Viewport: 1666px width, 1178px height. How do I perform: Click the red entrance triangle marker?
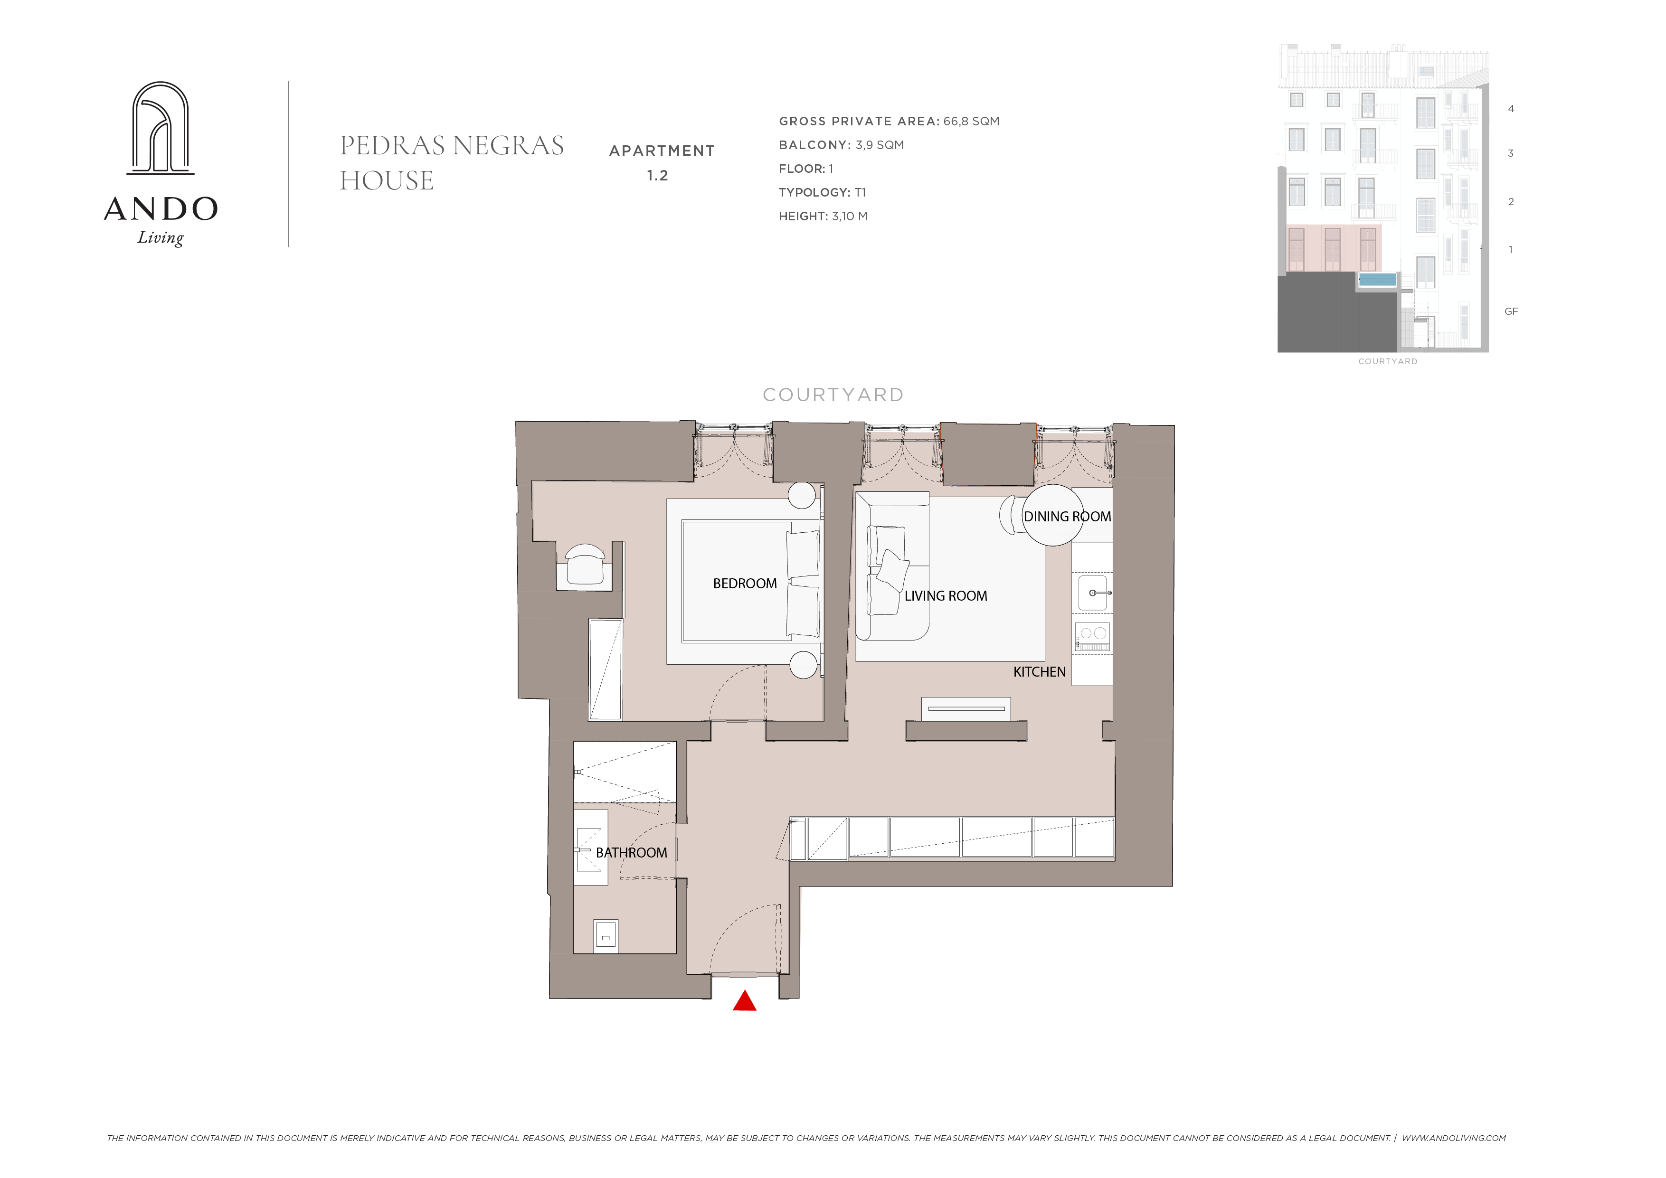point(745,1002)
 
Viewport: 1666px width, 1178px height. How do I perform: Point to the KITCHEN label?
point(1039,672)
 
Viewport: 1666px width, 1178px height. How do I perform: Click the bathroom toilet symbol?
point(606,936)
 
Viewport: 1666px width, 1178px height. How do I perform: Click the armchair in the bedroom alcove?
point(585,565)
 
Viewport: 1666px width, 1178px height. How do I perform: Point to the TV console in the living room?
point(966,709)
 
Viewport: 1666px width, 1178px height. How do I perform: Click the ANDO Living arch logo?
point(161,128)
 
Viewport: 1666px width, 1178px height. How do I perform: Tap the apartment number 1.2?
point(657,176)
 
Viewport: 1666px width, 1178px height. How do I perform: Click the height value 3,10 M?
point(849,216)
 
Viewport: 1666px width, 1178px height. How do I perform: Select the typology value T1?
point(860,192)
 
